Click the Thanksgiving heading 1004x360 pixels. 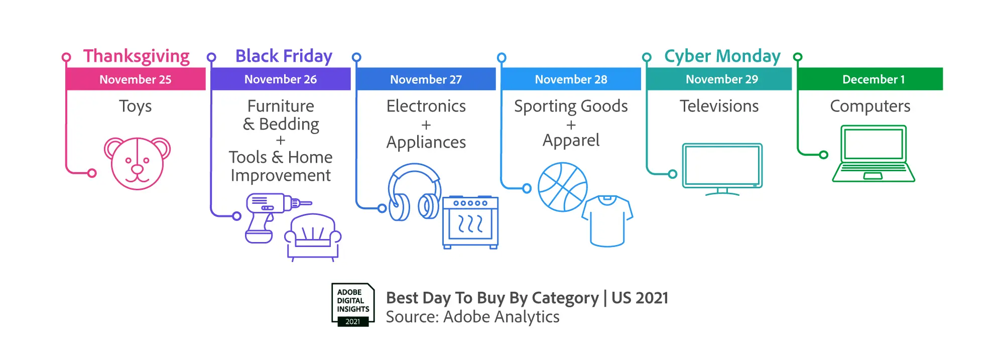137,56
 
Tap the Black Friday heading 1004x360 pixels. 284,56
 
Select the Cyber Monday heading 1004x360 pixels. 722,56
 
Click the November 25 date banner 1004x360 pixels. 136,79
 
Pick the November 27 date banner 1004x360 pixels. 426,79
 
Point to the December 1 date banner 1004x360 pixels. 870,79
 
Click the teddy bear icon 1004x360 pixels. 137,163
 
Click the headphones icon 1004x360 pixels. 415,192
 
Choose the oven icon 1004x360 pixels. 470,222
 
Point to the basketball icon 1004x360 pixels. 563,187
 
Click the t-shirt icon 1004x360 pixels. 607,221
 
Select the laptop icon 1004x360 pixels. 873,153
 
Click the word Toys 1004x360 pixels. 136,106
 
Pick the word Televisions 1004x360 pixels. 719,106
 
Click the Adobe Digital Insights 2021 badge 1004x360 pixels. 353,305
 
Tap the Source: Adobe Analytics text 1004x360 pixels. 472,317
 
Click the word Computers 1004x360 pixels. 870,106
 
